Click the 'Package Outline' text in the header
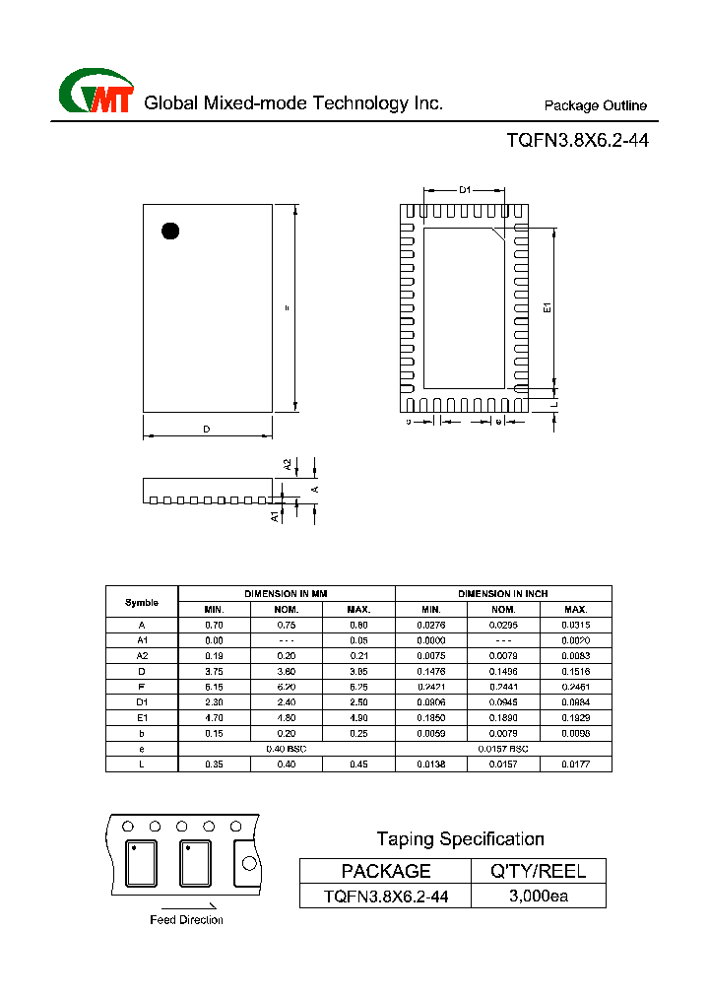pyautogui.click(x=595, y=105)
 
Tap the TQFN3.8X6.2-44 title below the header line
pyautogui.click(x=577, y=140)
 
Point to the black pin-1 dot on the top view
pyautogui.click(x=170, y=232)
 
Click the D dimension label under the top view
pyautogui.click(x=207, y=429)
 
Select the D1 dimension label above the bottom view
pyautogui.click(x=465, y=189)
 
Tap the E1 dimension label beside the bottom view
pyautogui.click(x=548, y=307)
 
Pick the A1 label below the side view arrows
pyautogui.click(x=275, y=515)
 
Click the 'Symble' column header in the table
pyautogui.click(x=142, y=602)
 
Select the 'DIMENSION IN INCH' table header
pyautogui.click(x=503, y=594)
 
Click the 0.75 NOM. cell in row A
pyautogui.click(x=287, y=625)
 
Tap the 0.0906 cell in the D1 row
pyautogui.click(x=431, y=701)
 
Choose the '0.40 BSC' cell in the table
pyautogui.click(x=287, y=748)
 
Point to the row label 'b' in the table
pyautogui.click(x=142, y=732)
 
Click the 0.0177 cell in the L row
pyautogui.click(x=575, y=764)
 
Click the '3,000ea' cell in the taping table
pyautogui.click(x=539, y=896)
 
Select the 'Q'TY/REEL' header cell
pyautogui.click(x=539, y=870)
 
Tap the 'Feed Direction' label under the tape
pyautogui.click(x=186, y=920)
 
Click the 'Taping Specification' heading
pyautogui.click(x=460, y=839)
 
